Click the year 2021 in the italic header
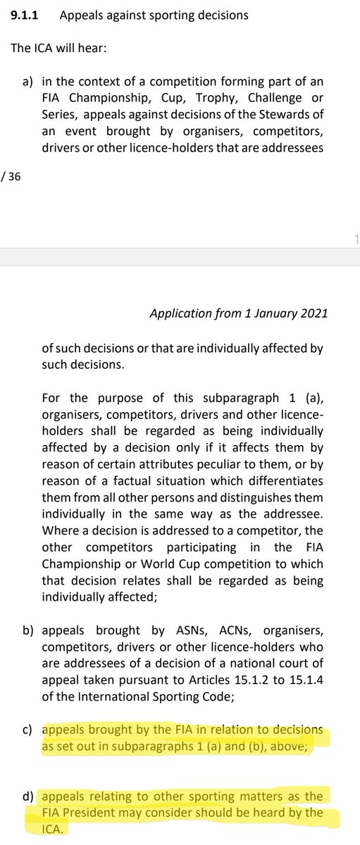point(314,315)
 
